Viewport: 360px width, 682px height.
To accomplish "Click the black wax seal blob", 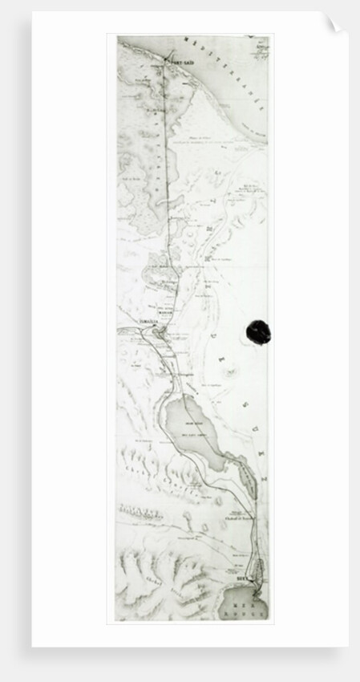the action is (257, 331).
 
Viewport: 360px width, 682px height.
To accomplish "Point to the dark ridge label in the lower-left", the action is (141, 511).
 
